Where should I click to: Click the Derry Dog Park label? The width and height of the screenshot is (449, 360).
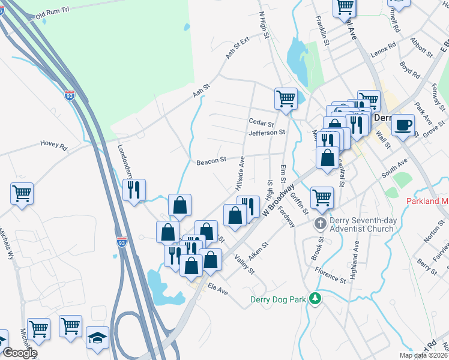coord(277,299)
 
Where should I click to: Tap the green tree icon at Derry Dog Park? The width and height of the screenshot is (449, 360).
coord(314,299)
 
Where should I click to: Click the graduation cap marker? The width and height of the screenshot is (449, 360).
coord(97,337)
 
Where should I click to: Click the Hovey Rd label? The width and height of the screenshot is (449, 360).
coord(54,144)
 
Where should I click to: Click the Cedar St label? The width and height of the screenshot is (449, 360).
coord(261,122)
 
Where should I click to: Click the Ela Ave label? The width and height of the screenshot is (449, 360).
coord(218,290)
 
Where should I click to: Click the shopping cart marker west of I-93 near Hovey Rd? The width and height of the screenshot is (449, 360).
coord(22,193)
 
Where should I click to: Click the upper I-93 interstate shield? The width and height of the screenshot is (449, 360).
coord(70,95)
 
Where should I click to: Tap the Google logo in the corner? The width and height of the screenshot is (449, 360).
coord(19,353)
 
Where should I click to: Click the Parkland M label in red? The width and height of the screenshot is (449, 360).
coord(427,202)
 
